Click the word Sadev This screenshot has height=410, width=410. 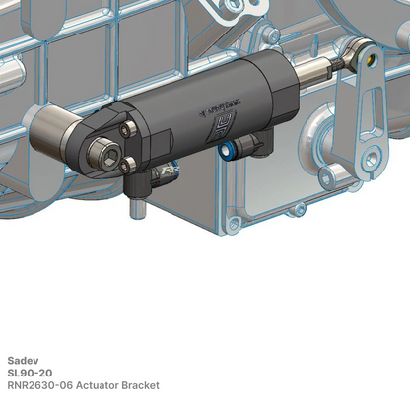click(x=21, y=360)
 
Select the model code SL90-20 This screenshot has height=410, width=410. click(x=30, y=373)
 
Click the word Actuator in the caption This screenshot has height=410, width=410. click(x=105, y=385)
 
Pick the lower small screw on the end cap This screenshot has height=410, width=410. click(x=129, y=167)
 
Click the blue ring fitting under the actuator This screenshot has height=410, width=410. click(x=228, y=151)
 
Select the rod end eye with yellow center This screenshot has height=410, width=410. click(x=363, y=54)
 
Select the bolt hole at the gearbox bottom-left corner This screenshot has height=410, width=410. click(x=234, y=225)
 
